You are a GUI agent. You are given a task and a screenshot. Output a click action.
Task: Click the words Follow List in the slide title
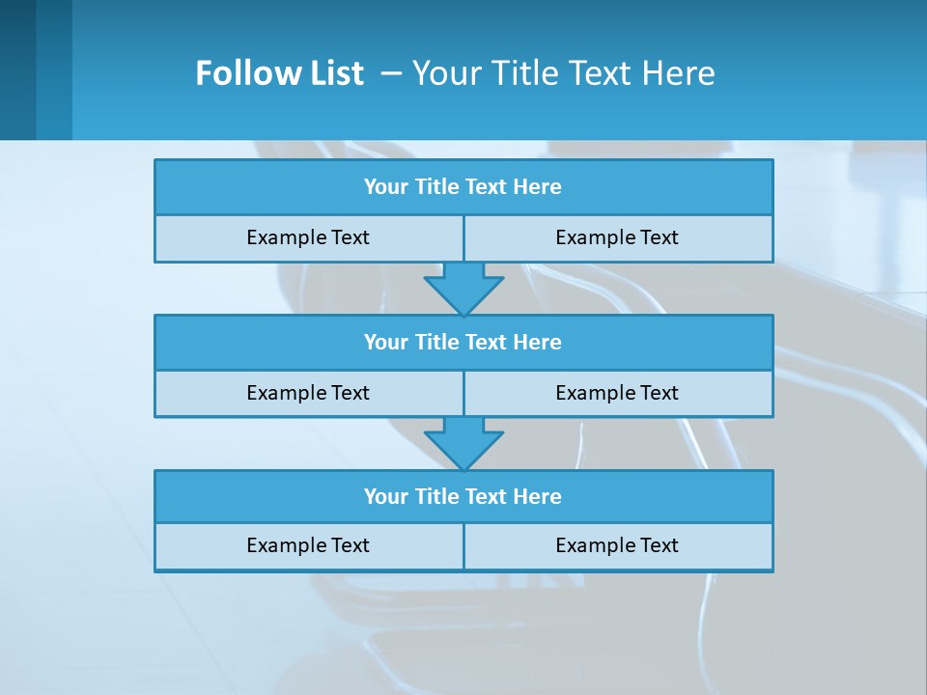279,73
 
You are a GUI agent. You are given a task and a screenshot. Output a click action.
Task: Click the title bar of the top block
463,187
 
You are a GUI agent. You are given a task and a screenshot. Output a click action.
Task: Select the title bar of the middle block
463,342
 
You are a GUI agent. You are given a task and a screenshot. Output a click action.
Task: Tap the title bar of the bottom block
463,496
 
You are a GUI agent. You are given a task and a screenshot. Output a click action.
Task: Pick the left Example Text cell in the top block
308,237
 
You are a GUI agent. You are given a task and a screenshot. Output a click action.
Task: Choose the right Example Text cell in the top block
617,237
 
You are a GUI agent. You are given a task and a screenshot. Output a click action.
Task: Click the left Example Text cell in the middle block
308,393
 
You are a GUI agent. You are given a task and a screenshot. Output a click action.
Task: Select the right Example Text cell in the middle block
617,393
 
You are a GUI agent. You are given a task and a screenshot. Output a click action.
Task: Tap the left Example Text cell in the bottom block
308,545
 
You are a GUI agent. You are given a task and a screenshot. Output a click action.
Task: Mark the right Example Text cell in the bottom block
617,545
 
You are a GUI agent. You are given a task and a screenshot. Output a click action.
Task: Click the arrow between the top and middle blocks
463,288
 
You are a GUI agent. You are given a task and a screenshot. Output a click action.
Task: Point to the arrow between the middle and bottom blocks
463,443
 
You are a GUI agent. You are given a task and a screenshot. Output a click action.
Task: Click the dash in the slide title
392,73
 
